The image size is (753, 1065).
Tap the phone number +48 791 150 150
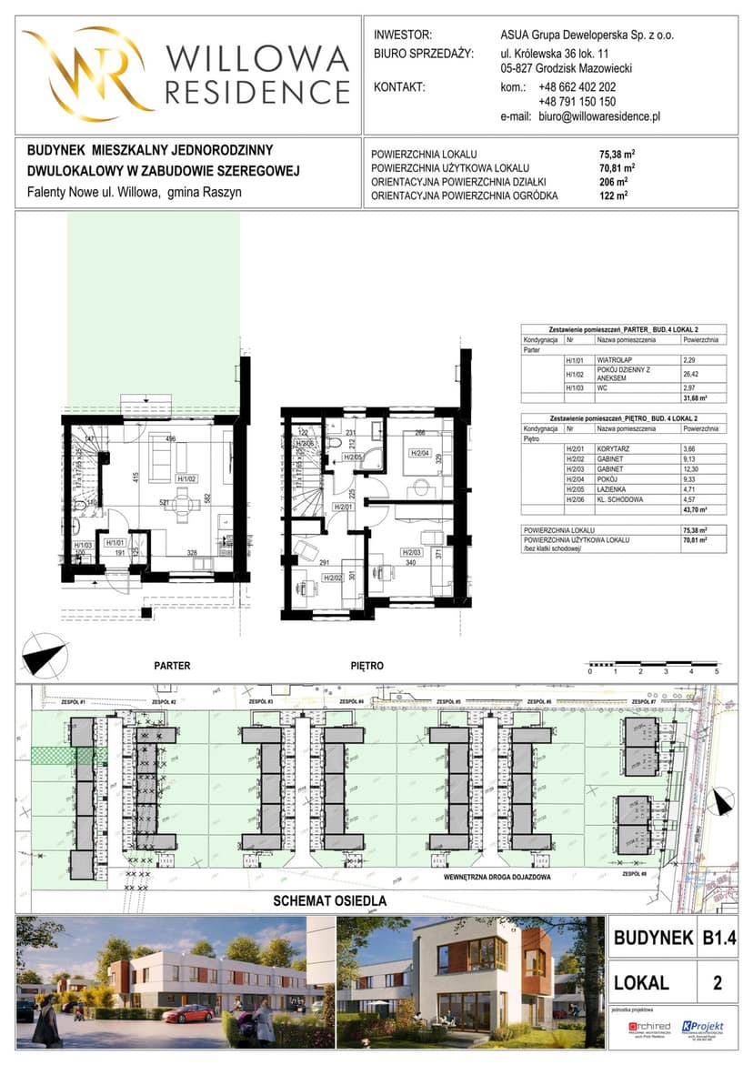pos(577,103)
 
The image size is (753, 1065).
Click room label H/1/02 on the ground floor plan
pos(187,477)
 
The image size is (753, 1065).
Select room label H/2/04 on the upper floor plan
pos(418,453)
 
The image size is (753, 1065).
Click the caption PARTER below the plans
pos(172,666)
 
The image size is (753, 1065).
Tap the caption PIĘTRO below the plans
pos(366,666)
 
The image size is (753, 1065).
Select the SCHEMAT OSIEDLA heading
pos(331,901)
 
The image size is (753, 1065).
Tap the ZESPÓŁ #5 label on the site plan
pos(446,702)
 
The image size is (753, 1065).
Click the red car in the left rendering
pos(188,1013)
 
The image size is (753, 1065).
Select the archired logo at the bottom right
pos(648,1027)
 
